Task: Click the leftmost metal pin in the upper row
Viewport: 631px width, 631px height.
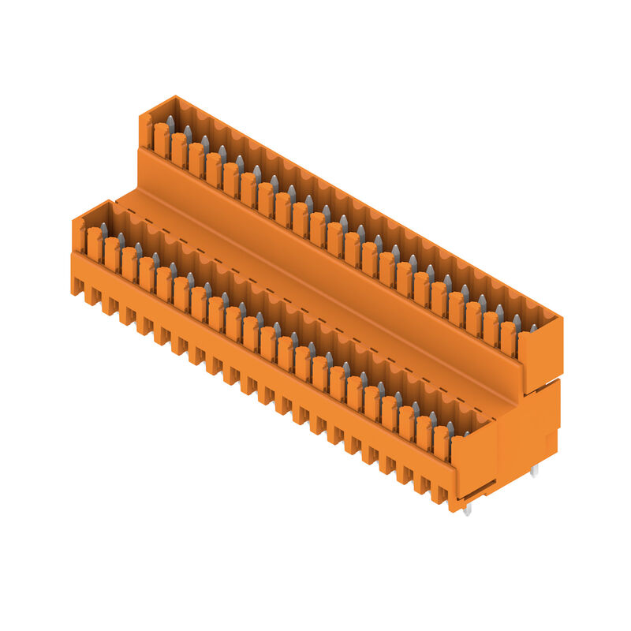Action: coord(170,122)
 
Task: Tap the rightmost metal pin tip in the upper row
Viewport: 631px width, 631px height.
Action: coord(533,327)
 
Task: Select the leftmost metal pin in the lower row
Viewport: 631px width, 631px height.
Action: coord(103,230)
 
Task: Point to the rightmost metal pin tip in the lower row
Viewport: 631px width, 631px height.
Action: coord(466,433)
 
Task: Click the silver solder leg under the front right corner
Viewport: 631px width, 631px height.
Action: coord(467,510)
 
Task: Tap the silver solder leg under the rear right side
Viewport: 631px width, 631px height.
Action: coord(535,470)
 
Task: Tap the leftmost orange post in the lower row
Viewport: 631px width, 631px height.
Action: coord(95,245)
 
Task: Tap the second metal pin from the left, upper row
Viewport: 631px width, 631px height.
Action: coord(188,132)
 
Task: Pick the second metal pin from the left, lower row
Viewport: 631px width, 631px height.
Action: coord(121,239)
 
